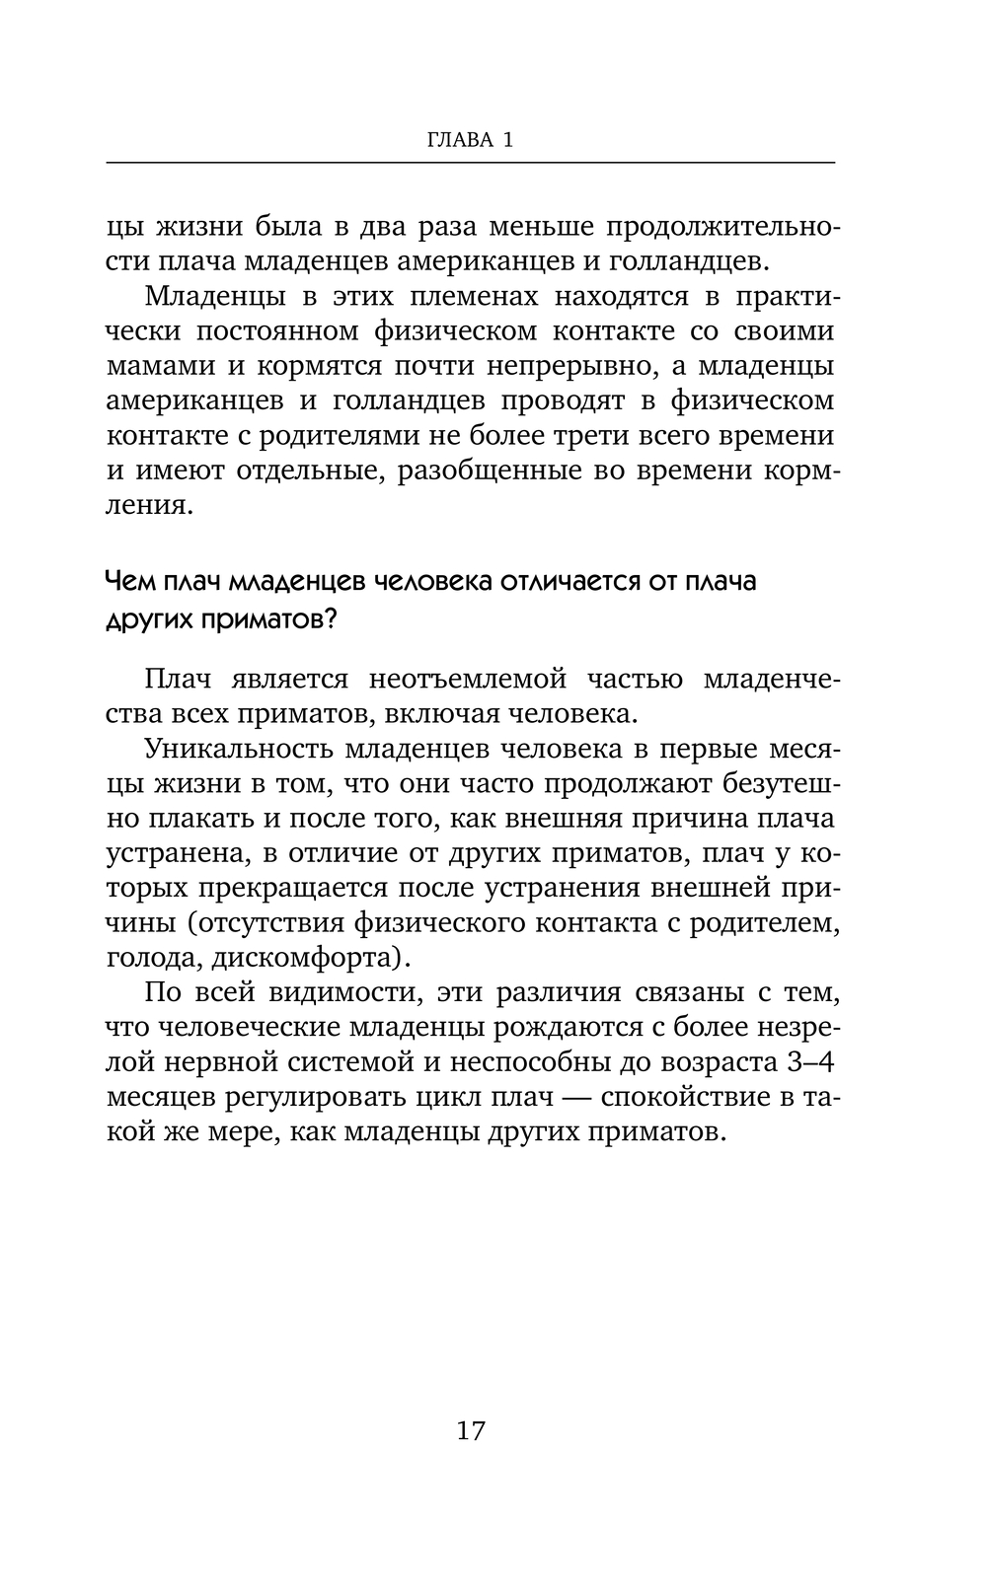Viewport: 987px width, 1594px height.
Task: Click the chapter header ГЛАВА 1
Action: pos(470,140)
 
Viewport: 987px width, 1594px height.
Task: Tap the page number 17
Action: pos(471,1430)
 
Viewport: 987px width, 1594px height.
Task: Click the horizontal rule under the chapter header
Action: pos(470,162)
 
